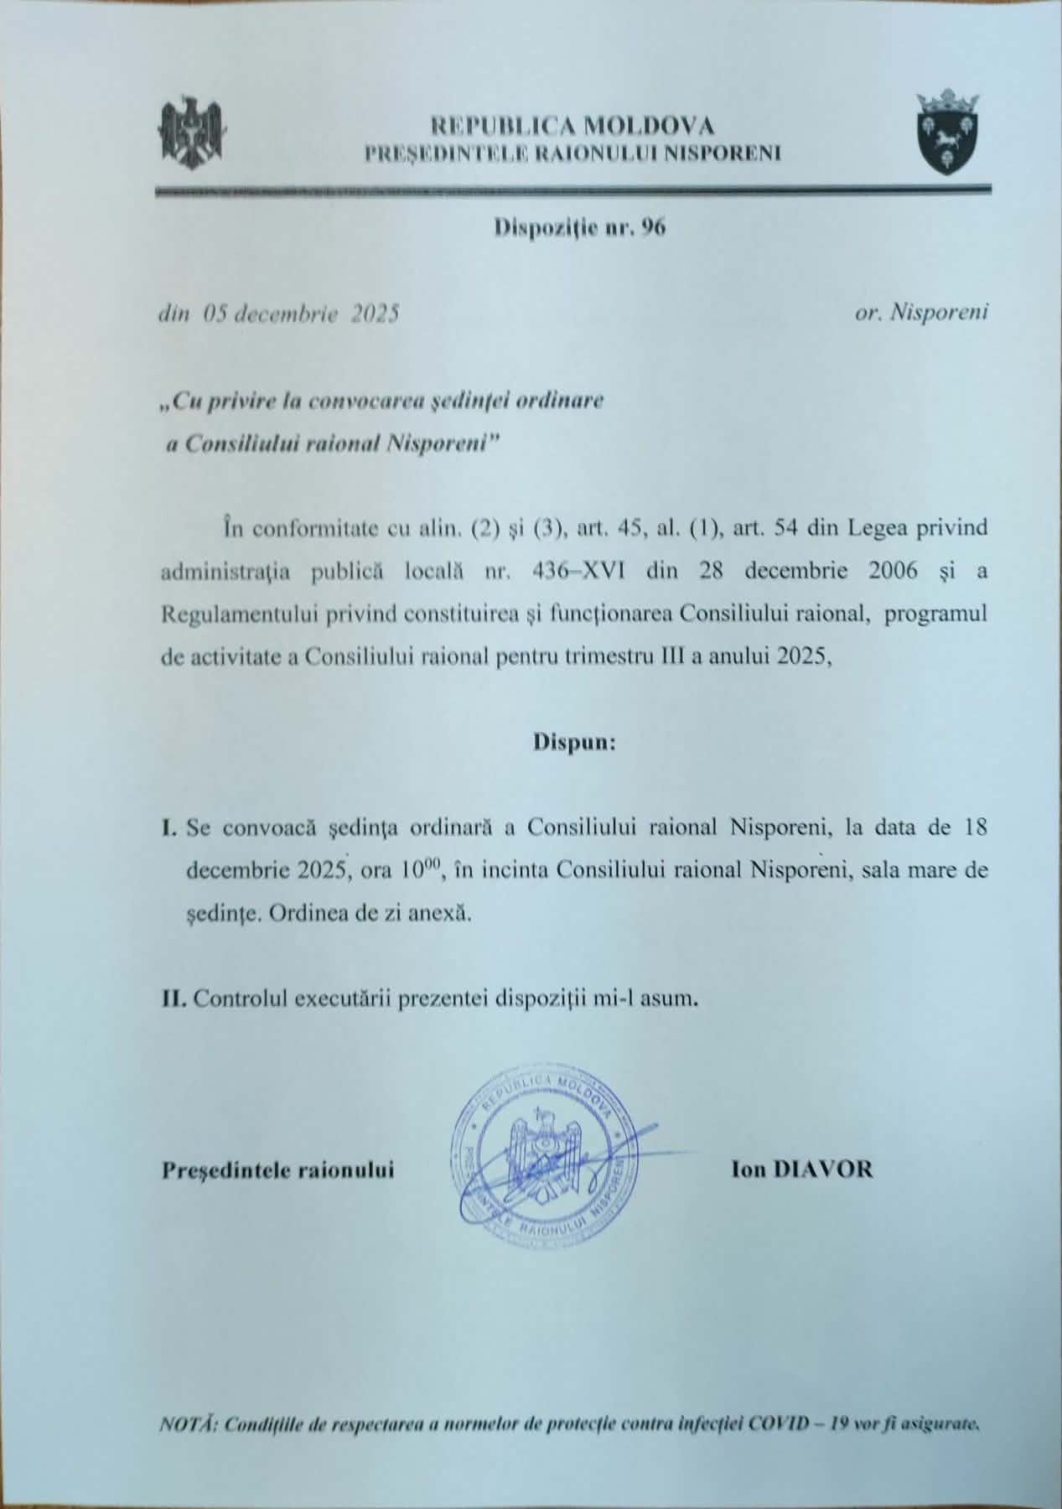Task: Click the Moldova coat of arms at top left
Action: (194, 133)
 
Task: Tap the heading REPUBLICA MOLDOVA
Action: (572, 127)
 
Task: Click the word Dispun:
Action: (575, 742)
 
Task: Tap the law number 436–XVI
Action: (578, 572)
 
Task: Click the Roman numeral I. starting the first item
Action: (168, 828)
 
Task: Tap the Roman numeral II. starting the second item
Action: (174, 999)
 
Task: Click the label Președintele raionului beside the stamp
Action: (277, 1170)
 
